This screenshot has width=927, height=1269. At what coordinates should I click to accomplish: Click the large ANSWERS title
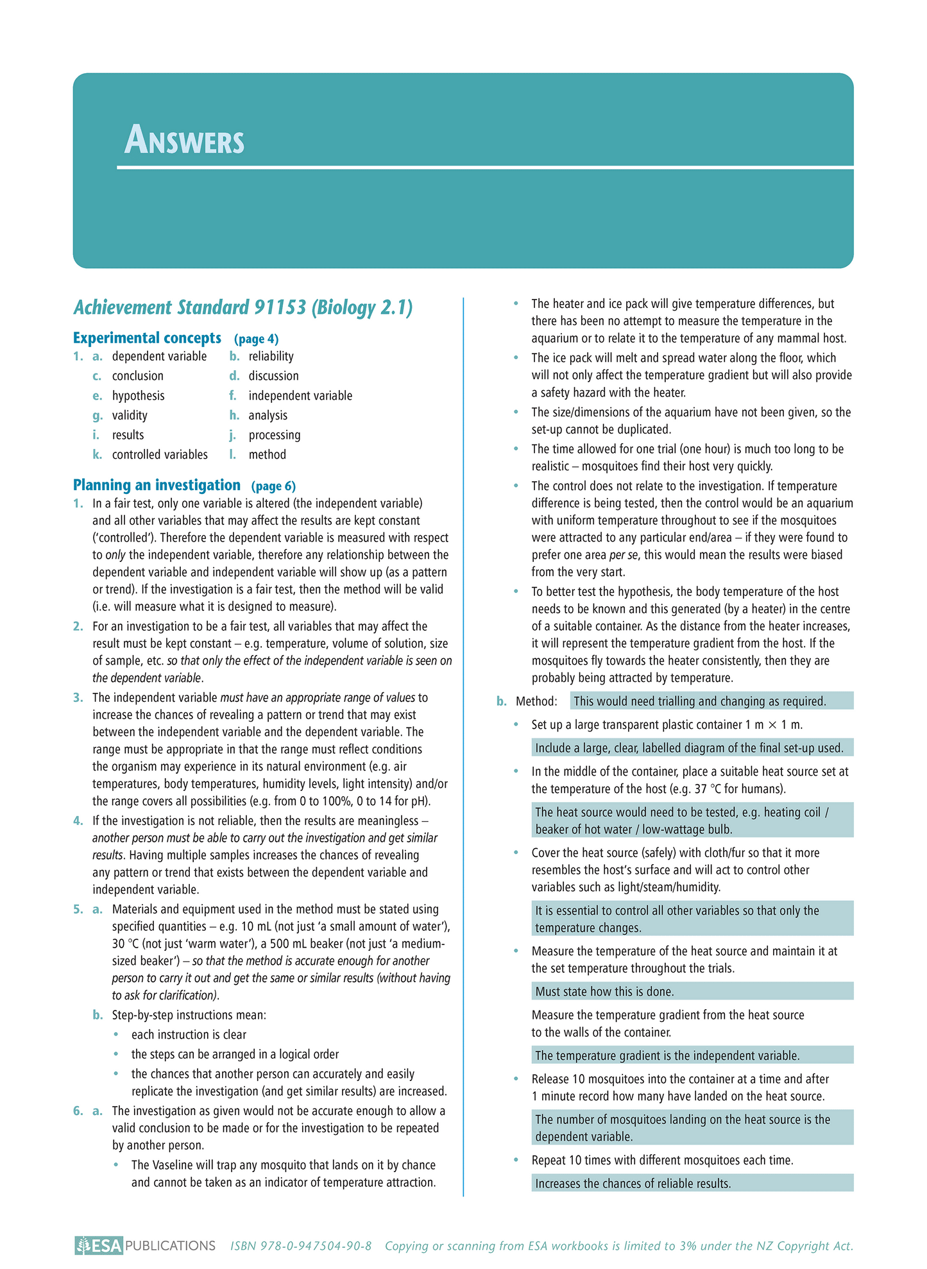(x=184, y=140)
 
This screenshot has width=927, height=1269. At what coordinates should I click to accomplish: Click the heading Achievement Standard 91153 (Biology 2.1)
(x=242, y=308)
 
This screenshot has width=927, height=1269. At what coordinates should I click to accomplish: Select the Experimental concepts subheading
(x=147, y=338)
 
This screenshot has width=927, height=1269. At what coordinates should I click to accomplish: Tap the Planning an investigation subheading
(x=157, y=485)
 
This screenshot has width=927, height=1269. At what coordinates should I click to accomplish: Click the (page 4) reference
(x=256, y=339)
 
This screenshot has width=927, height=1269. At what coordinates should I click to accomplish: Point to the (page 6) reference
(x=273, y=486)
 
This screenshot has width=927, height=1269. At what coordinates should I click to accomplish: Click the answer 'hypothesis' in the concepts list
(x=138, y=396)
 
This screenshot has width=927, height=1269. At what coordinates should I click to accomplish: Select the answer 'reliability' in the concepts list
(x=271, y=357)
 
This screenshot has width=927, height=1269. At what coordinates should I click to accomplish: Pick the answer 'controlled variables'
(x=160, y=455)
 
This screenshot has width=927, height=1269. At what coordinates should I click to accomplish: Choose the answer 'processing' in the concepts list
(x=274, y=435)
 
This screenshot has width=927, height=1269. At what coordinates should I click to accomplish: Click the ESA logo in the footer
(x=98, y=1246)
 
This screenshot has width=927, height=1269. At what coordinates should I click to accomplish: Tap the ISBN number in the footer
(x=301, y=1246)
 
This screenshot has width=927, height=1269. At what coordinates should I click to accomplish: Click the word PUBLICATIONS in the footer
(x=170, y=1246)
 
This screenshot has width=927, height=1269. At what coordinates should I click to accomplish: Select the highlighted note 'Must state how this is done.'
(x=604, y=992)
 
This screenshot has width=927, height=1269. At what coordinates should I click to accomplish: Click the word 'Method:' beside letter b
(x=536, y=702)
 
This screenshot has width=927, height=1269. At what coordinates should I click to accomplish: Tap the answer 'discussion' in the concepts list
(x=273, y=376)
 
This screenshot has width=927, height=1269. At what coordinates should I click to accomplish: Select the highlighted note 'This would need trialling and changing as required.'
(x=699, y=702)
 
